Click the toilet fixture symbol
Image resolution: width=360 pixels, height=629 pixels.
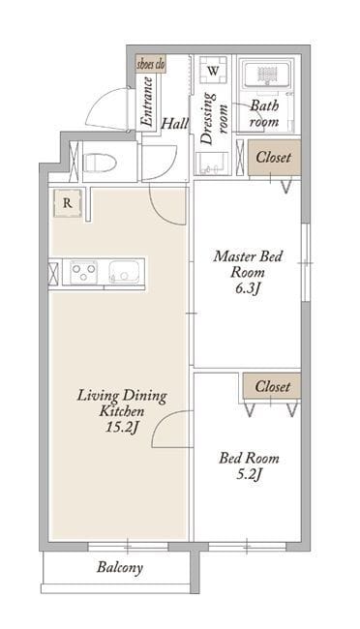point(99,163)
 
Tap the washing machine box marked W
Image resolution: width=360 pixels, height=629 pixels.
point(214,71)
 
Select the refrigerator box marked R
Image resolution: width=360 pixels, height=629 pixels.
point(68,203)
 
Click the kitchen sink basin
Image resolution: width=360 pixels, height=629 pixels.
point(125,272)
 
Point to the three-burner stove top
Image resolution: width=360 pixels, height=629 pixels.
point(83,272)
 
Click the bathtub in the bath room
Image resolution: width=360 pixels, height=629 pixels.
point(266,75)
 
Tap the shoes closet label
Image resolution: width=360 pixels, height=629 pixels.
point(151,65)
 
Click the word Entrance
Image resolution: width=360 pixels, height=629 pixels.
point(147,102)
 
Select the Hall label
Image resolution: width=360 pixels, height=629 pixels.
point(174,124)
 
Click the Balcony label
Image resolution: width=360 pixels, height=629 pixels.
point(120,568)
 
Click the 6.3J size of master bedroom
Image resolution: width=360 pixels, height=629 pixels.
point(248,288)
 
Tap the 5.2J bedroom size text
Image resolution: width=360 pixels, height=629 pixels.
point(249,474)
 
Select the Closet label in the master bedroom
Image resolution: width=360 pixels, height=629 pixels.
point(274,157)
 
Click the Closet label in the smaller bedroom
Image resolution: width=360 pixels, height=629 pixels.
point(273,386)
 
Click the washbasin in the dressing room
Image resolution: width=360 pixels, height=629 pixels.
point(212,165)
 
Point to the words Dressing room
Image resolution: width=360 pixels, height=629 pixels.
point(214,118)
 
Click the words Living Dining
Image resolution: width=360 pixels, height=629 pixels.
point(122,396)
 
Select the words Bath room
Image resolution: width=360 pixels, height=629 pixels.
point(264,113)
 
